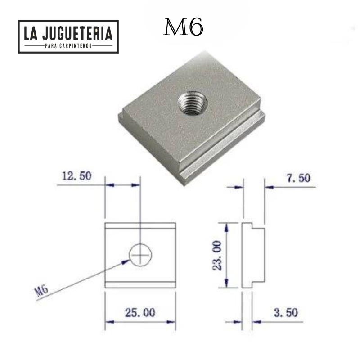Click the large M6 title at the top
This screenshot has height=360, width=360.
183,28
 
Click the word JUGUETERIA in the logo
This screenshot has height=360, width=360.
78,34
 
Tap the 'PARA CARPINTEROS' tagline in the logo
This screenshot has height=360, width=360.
68,46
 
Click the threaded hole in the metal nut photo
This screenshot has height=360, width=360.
192,103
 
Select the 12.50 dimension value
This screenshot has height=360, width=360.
76,176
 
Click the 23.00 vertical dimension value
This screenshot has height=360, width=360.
217,255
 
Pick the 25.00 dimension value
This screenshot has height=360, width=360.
140,311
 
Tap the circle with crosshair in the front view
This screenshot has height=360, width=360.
140,256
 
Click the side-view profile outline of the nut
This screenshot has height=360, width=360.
252,255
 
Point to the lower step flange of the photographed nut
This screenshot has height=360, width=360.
225,148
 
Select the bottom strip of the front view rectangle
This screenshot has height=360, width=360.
140,284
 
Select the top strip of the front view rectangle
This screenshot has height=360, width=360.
140,226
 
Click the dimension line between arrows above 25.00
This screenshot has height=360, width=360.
140,322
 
